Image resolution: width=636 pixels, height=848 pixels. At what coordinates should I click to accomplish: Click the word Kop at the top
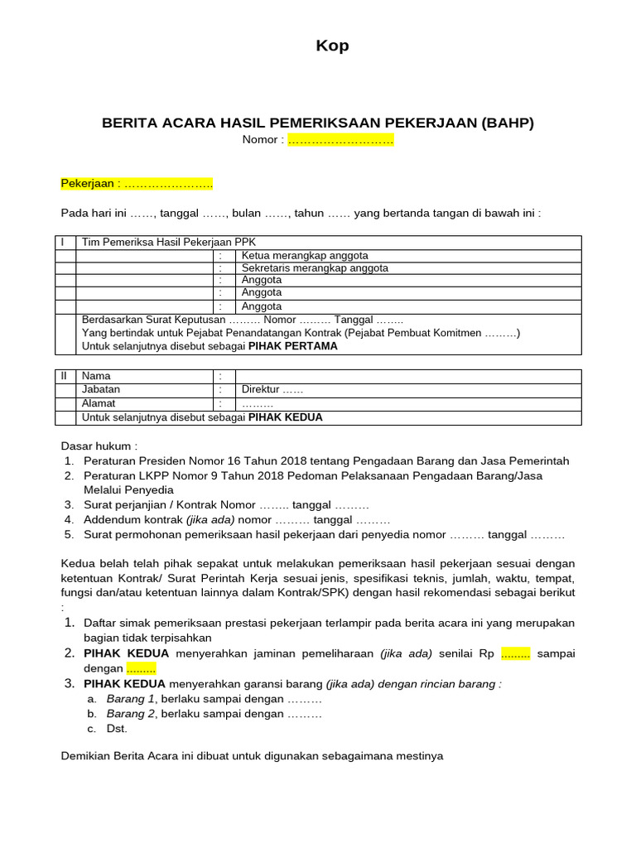(332, 46)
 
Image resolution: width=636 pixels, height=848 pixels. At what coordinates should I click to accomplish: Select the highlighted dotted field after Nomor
(340, 140)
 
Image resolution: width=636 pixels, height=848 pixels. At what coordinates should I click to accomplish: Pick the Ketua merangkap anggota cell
(305, 255)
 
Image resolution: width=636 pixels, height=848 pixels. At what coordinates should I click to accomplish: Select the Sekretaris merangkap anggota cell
(315, 267)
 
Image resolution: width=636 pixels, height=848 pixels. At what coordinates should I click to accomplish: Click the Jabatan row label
(101, 389)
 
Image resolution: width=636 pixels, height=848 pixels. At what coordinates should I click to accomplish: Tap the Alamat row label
(99, 403)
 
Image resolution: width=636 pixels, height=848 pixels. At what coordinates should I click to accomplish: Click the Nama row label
(96, 376)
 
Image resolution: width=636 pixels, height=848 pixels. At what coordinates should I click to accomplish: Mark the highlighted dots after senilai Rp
(516, 653)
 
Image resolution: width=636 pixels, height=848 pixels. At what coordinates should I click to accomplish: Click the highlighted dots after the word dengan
(141, 668)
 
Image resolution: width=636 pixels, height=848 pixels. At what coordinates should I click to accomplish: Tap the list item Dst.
(118, 729)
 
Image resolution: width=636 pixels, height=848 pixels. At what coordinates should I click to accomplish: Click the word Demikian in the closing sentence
(87, 756)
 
